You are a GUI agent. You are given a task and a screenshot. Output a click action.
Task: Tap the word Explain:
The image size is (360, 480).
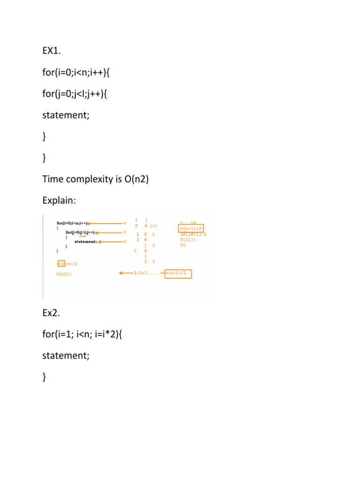click(59, 200)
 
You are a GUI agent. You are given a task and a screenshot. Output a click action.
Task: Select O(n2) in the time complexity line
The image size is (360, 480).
click(136, 179)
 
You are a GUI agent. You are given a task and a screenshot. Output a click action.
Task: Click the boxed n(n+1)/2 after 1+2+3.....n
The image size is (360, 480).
click(178, 273)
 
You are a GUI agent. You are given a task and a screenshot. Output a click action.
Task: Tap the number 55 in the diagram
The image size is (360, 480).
click(183, 245)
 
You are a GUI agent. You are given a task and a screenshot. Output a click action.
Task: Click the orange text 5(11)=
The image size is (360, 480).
click(187, 240)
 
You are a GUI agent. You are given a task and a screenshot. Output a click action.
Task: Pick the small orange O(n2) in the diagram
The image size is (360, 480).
click(64, 274)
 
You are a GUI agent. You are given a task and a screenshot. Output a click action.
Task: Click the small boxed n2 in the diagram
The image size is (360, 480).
click(61, 264)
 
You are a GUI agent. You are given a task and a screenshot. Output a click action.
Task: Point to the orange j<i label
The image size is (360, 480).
click(153, 226)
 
